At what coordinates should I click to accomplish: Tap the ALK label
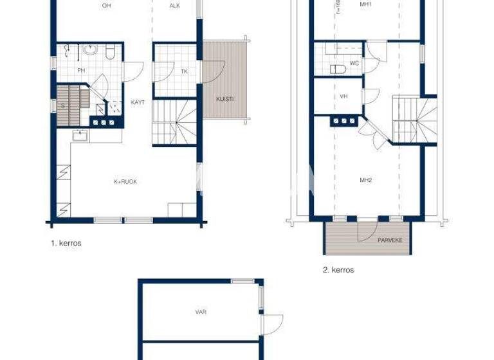pyautogui.click(x=174, y=6)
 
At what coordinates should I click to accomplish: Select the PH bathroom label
pyautogui.click(x=82, y=71)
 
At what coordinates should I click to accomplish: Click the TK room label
pyautogui.click(x=184, y=71)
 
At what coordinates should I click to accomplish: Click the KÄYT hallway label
pyautogui.click(x=138, y=102)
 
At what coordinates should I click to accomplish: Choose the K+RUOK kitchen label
pyautogui.click(x=125, y=182)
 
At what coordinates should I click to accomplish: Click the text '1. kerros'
pyautogui.click(x=66, y=244)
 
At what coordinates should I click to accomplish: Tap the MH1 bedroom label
pyautogui.click(x=366, y=4)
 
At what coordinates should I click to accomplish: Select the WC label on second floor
pyautogui.click(x=354, y=64)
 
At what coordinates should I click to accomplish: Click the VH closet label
pyautogui.click(x=343, y=96)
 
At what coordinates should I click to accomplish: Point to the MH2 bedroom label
pyautogui.click(x=366, y=180)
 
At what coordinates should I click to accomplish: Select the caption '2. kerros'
pyautogui.click(x=338, y=270)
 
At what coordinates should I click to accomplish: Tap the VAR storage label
pyautogui.click(x=201, y=312)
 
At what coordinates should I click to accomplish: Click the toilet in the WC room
pyautogui.click(x=335, y=68)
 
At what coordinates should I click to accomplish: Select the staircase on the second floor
pyautogui.click(x=415, y=120)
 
